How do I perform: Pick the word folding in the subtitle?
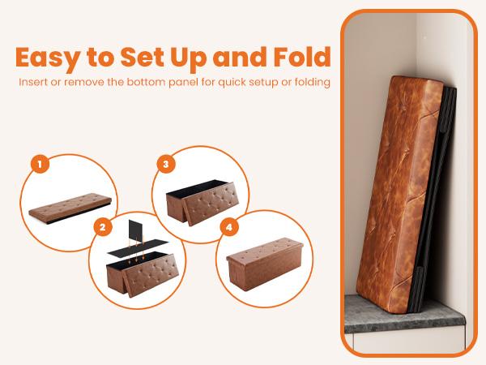coord(311,83)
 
